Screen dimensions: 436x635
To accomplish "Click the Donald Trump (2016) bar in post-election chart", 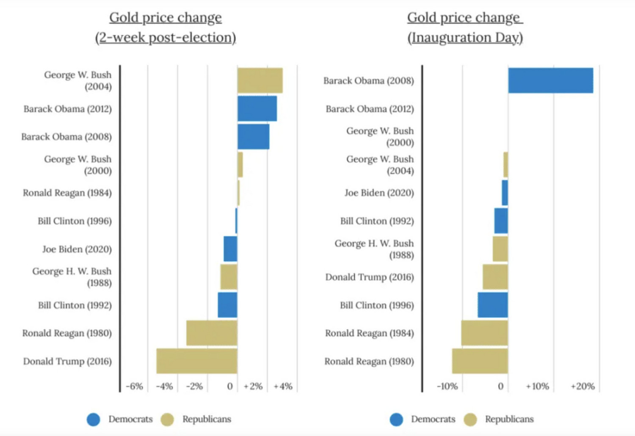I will pos(197,361).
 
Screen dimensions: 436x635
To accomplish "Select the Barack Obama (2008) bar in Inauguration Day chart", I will pos(550,80).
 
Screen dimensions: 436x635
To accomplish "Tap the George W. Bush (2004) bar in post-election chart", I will pos(260,80).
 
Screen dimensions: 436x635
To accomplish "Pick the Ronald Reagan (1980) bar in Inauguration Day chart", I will pos(480,361).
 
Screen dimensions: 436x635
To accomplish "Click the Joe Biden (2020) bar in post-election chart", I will pos(230,249).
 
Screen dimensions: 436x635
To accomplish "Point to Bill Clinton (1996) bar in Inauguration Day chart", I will pos(493,305).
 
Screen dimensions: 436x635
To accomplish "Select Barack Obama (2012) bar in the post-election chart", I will pos(257,109).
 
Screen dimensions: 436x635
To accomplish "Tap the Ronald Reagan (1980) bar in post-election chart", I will pos(212,333).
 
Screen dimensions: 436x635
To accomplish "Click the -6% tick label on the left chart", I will pos(134,386).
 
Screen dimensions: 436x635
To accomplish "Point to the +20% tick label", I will pos(583,386).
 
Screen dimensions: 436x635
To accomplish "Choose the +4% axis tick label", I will pos(283,386).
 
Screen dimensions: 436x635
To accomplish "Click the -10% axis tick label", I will pos(447,386).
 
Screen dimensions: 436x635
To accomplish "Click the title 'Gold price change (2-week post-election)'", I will pos(166,28).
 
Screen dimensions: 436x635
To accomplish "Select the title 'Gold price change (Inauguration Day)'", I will pos(465,28).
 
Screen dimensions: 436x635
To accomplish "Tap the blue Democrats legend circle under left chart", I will pos(94,419).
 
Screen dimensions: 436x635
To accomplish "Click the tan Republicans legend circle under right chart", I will pos(470,419).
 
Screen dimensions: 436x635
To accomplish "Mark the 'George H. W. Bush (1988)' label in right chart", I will pos(374,249).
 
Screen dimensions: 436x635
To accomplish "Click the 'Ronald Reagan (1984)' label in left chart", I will pos(67,193).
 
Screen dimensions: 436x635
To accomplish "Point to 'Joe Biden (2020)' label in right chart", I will pos(379,193).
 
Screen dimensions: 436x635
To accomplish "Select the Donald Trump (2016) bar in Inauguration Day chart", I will pos(495,277).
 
